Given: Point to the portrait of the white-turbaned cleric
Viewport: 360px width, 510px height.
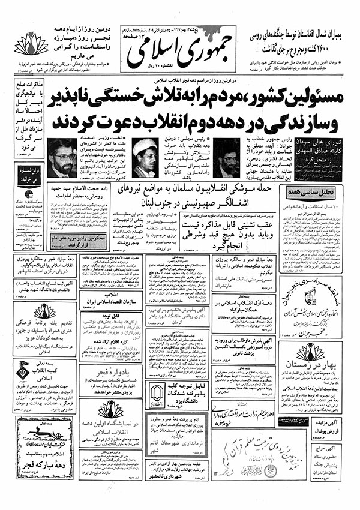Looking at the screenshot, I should coord(145,158).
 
